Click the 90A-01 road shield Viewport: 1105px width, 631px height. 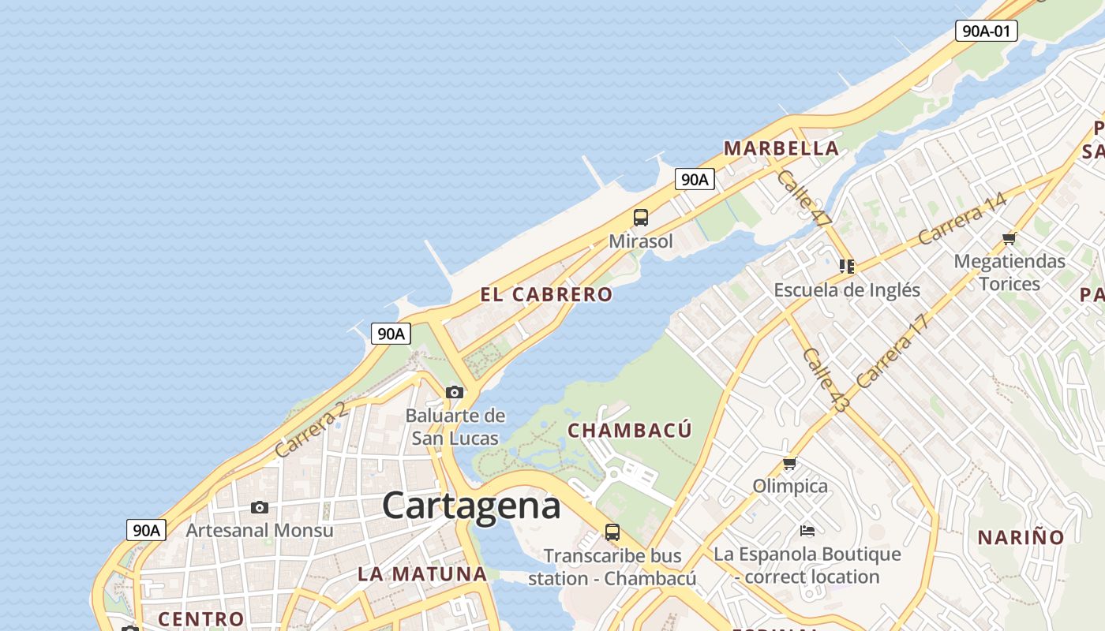point(986,31)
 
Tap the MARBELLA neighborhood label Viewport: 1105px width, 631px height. point(781,148)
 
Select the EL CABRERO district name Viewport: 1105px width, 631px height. point(546,295)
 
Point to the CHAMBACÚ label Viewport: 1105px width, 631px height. point(630,431)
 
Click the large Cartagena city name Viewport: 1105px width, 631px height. point(471,506)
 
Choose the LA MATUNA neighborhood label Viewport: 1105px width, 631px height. point(422,574)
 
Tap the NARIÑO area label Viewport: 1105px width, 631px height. point(1021,538)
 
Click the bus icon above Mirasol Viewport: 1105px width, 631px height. point(641,218)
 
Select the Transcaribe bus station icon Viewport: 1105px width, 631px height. point(612,532)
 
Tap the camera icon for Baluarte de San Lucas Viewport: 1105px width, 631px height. point(455,392)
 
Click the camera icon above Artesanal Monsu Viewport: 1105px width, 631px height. point(260,507)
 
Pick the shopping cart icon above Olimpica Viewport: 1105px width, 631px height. point(789,463)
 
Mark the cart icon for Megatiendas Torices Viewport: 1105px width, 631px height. point(1009,238)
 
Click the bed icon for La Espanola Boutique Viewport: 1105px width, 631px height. point(807,530)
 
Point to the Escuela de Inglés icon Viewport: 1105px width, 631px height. point(847,267)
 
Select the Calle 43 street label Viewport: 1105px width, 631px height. point(826,380)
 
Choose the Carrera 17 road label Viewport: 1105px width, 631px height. point(891,351)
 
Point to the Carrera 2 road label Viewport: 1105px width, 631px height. point(311,430)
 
